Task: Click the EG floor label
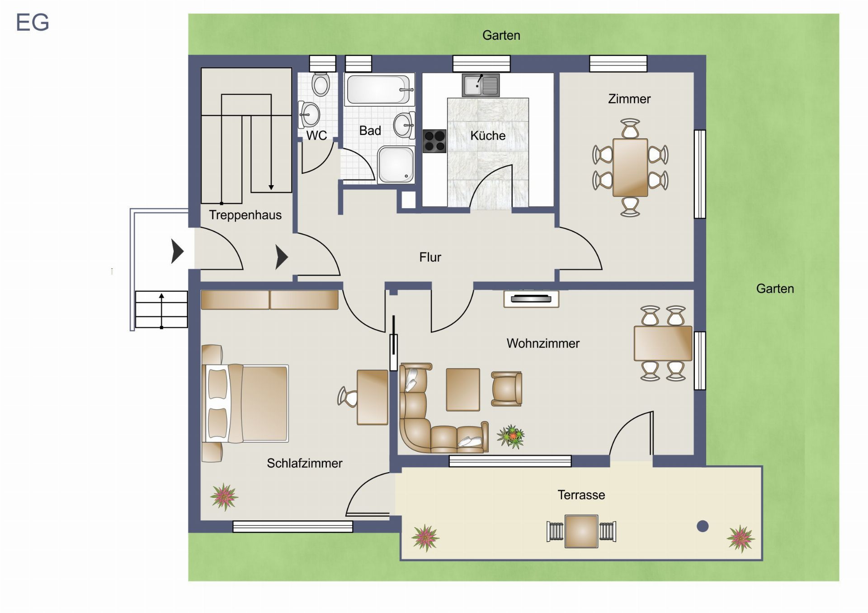pos(33,23)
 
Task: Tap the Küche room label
pos(488,136)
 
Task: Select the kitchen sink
pos(481,85)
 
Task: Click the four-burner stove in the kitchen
pos(434,141)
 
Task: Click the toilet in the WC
pos(321,83)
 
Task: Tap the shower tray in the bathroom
pos(396,164)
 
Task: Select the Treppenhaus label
pos(245,215)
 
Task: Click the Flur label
pos(430,257)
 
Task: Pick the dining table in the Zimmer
pos(630,168)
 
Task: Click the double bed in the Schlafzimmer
pos(245,403)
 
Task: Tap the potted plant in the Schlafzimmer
pos(224,497)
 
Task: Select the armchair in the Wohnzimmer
pos(507,388)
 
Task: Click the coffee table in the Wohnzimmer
pos(463,390)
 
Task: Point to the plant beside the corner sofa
pos(511,436)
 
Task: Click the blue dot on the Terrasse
pos(703,526)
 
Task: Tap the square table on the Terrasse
pos(581,531)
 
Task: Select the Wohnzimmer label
pos(543,343)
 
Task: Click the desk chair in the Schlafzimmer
pos(347,397)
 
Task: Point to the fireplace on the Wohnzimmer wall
pos(531,299)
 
